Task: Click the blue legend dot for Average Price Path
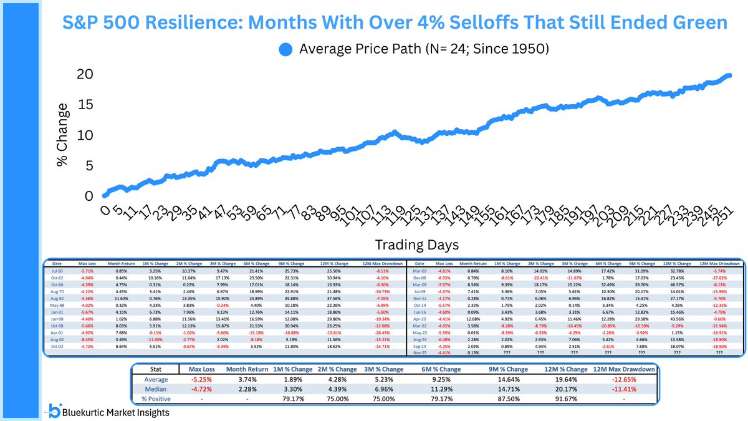coord(285,49)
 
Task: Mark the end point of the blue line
coord(730,75)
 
